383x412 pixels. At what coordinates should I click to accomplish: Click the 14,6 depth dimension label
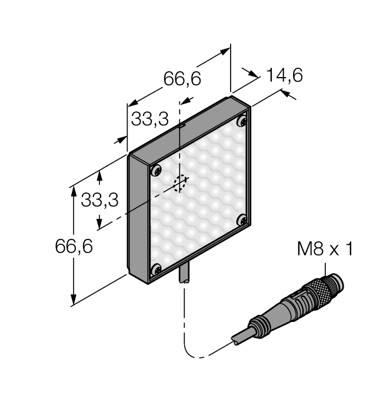tap(284, 75)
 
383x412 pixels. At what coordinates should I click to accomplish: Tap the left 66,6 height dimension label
tap(74, 247)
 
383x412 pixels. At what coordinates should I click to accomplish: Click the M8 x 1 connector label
tap(325, 250)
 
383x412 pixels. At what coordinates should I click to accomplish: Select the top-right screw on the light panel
tap(241, 121)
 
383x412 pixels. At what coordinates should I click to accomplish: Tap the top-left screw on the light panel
tap(156, 171)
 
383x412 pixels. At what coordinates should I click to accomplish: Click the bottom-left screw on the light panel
tap(156, 270)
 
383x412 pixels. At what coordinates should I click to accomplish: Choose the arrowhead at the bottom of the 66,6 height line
tap(74, 300)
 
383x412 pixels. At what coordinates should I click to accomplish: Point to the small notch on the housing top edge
tap(182, 125)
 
